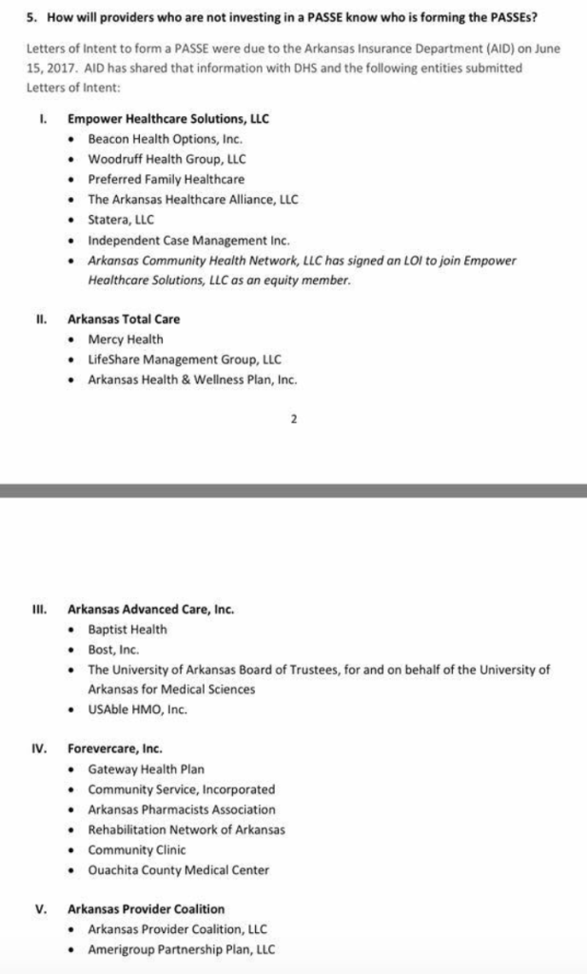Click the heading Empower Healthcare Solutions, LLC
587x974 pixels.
click(167, 119)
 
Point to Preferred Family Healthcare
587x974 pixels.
click(166, 179)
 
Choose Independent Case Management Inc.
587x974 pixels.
click(188, 241)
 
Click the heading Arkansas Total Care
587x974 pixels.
click(123, 320)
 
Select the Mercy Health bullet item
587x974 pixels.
click(125, 340)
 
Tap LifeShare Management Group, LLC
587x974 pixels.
click(185, 360)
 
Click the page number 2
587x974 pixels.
click(294, 419)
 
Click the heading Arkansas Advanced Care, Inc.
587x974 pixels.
click(150, 609)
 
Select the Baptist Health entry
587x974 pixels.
click(127, 630)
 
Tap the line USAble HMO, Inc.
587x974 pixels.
click(137, 710)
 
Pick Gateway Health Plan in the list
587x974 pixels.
click(146, 769)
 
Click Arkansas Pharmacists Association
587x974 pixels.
click(182, 809)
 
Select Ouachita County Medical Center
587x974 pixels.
click(178, 869)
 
